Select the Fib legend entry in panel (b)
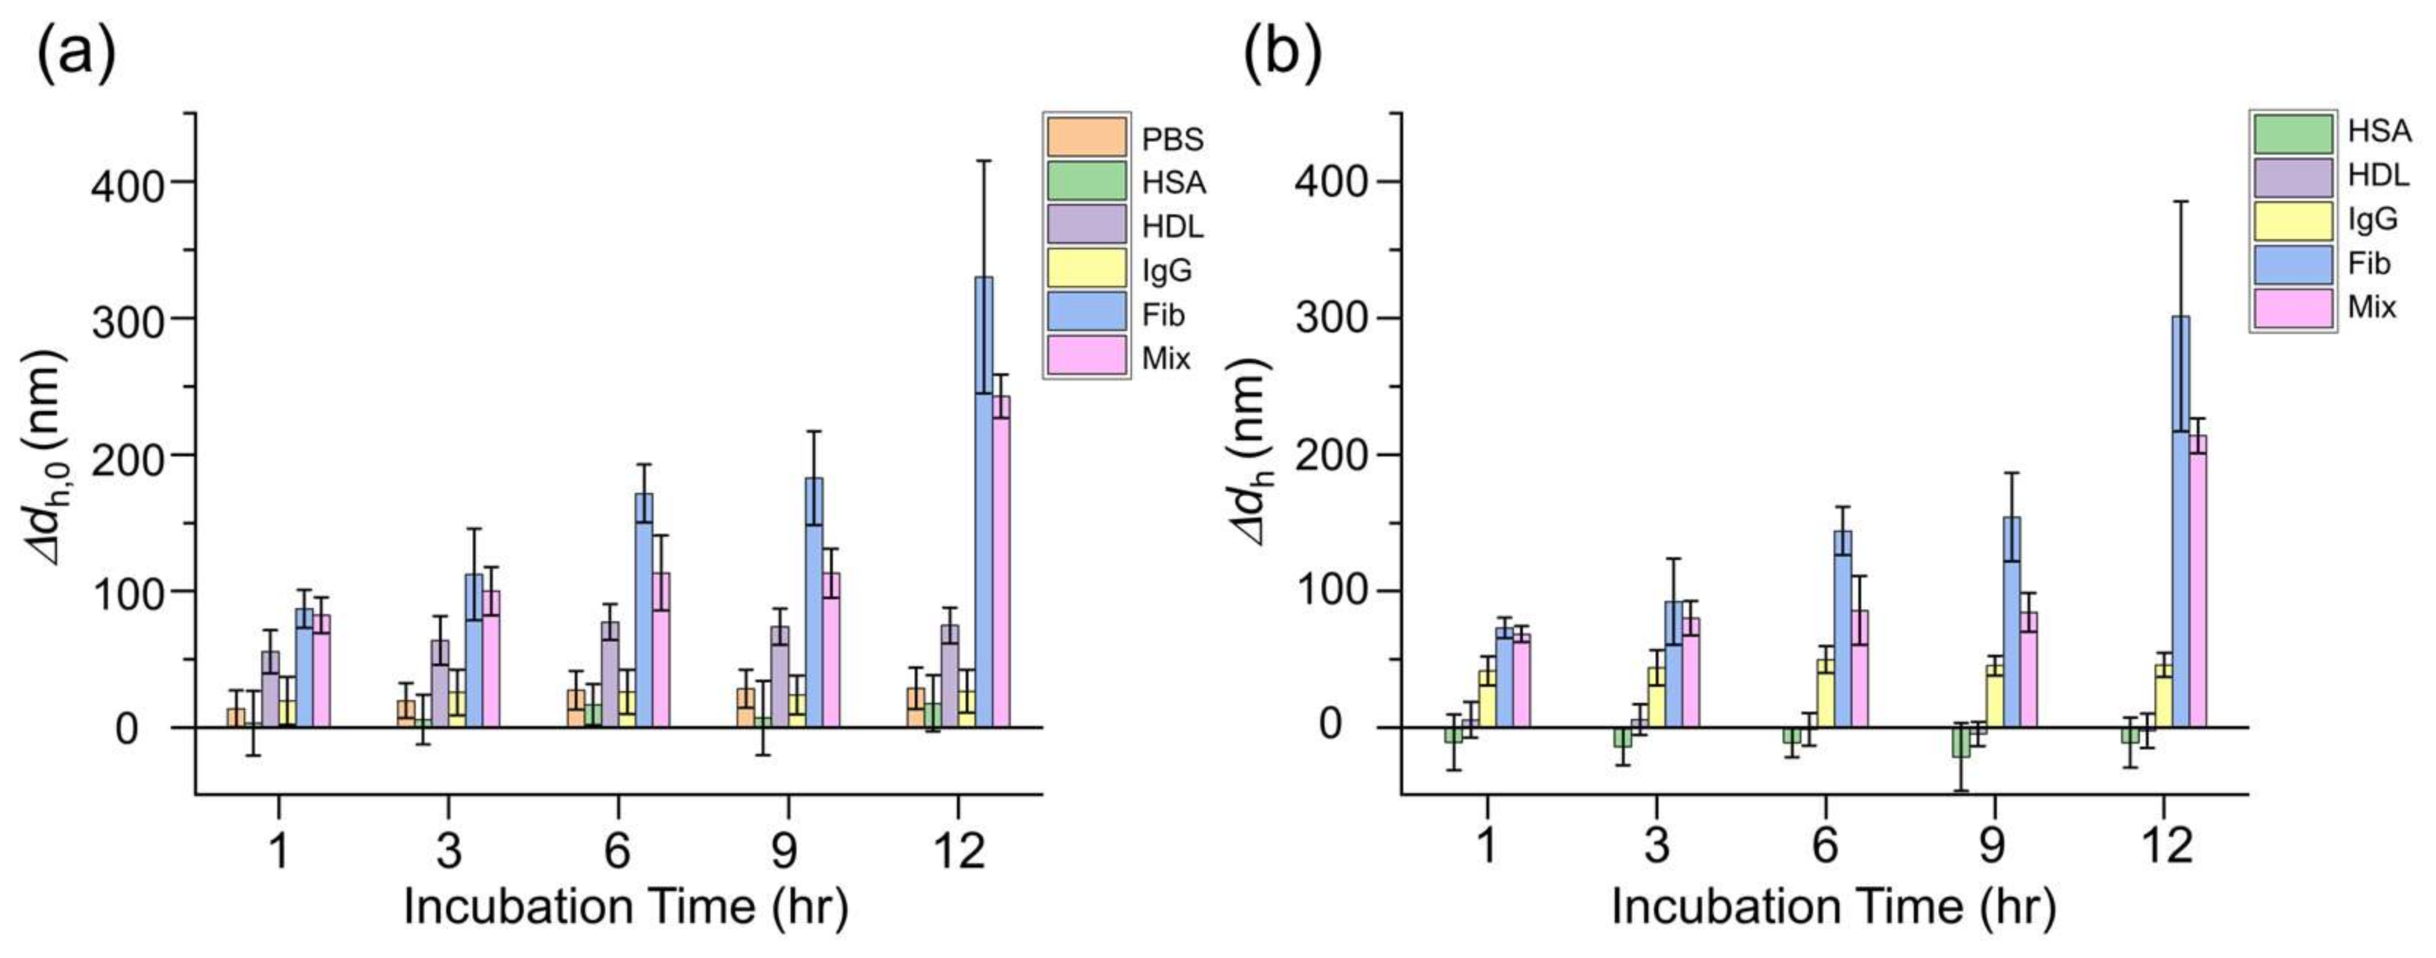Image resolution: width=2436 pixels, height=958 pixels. tap(2292, 263)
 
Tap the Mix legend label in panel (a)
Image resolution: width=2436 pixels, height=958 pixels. tap(1166, 359)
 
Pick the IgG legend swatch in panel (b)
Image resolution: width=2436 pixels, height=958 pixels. tap(2292, 219)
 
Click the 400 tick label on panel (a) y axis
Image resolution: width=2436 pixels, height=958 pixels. tap(128, 184)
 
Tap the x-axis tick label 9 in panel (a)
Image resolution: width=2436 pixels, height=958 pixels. tap(784, 850)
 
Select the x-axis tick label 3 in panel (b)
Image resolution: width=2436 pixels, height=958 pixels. tap(1656, 844)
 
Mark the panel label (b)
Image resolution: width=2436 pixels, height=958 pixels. tap(1281, 54)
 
